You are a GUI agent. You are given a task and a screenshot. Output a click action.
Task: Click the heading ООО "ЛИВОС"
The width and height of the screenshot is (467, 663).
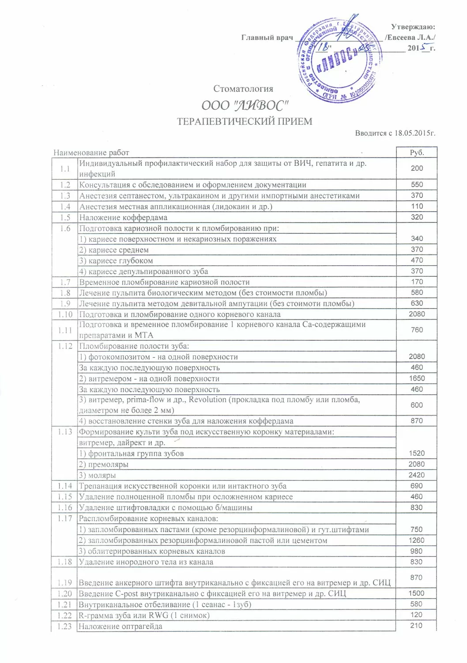245,106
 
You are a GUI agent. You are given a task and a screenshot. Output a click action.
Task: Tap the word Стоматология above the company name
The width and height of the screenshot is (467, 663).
243,89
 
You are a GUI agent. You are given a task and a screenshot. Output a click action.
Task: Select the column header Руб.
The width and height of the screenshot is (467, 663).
417,152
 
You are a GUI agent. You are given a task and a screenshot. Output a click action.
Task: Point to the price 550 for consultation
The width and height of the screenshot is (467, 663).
417,185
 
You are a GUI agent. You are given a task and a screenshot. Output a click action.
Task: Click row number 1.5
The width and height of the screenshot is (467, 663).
65,217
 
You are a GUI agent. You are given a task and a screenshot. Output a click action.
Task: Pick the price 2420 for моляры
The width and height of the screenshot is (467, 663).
416,475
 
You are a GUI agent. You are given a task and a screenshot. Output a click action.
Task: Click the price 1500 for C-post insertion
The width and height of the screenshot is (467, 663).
416,594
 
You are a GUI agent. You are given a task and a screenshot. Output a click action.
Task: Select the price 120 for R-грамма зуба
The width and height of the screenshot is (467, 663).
416,615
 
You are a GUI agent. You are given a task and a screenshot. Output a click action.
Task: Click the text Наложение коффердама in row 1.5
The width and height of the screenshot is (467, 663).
123,217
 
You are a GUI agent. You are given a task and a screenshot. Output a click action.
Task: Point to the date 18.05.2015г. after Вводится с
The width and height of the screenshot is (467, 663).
415,133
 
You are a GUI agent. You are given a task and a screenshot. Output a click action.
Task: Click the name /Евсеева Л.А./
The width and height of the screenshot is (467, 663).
410,38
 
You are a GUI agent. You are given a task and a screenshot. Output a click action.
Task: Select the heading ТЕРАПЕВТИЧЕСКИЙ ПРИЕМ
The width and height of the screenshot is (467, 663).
245,122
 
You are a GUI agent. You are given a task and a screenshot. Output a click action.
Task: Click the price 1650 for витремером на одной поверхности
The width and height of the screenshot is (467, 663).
417,378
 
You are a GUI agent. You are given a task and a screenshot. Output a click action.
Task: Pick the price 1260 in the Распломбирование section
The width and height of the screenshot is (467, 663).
416,540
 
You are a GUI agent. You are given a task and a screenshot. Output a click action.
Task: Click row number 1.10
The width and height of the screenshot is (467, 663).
65,314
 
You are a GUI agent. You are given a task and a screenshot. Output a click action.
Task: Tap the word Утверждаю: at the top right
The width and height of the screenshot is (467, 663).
413,27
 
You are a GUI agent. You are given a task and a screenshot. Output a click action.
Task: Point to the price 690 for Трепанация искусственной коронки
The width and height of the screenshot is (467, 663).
416,486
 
